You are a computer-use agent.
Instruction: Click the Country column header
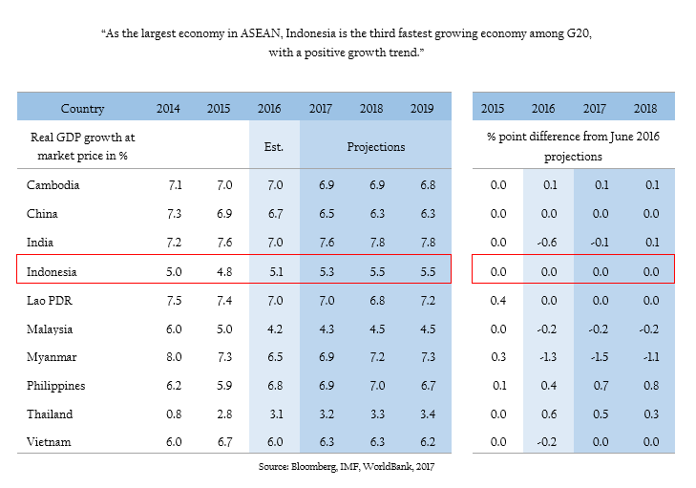pos(82,109)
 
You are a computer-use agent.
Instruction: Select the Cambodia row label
pos(53,184)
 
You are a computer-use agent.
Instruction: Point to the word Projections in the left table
pos(375,146)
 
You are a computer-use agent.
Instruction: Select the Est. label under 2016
pos(273,146)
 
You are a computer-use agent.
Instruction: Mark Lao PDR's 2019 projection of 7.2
pos(425,300)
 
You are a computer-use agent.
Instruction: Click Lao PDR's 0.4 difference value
pos(497,300)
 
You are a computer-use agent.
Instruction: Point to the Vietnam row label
pos(49,442)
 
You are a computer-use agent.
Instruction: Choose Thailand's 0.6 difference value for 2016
pos(550,414)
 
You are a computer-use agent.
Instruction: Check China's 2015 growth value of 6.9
pos(224,214)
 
